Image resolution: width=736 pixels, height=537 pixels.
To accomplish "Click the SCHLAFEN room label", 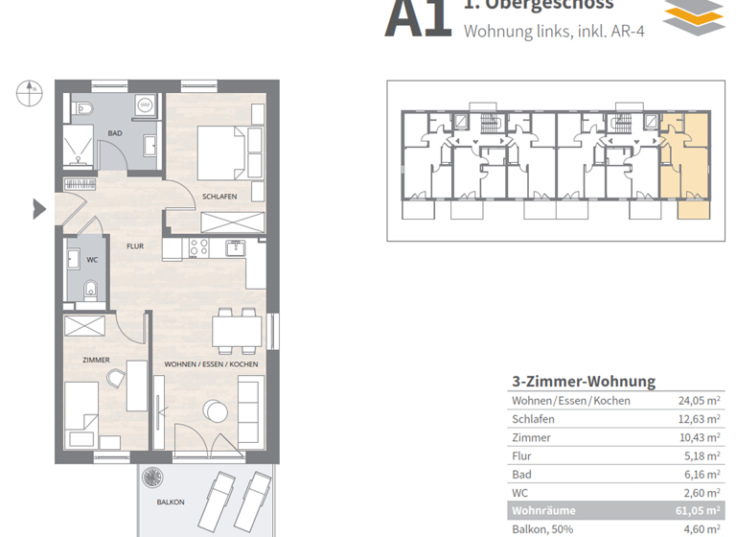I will (219, 197).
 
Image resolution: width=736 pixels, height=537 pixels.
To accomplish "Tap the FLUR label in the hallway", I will (135, 246).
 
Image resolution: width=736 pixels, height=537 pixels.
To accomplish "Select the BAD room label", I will (115, 133).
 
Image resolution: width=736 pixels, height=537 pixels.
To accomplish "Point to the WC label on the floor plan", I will (92, 260).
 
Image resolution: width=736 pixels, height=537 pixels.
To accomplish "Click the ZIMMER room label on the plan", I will (96, 360).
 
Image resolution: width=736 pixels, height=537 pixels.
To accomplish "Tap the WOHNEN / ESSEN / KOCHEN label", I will (211, 365).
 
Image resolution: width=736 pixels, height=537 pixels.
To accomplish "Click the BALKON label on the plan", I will (171, 502).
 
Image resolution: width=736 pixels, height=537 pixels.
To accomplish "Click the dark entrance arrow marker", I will (39, 208).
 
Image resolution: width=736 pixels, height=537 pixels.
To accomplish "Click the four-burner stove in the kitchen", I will (198, 247).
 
